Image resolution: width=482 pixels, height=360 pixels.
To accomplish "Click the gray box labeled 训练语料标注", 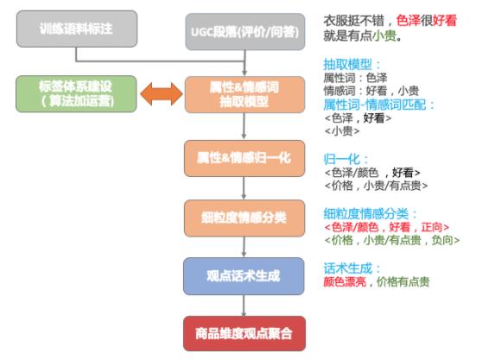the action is click(x=77, y=28).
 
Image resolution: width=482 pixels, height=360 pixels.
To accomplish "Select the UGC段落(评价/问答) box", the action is click(x=245, y=32).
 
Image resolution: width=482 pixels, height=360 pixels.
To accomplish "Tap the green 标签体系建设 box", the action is click(x=76, y=94).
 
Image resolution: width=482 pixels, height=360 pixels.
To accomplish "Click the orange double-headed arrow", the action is click(x=162, y=94).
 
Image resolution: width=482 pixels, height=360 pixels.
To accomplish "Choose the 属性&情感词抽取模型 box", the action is click(x=244, y=95).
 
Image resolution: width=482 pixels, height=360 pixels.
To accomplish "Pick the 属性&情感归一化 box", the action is click(x=244, y=158).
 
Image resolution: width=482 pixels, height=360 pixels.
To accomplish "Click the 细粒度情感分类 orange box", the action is click(x=244, y=218).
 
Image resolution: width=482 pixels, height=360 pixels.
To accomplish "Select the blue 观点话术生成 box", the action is click(x=244, y=276).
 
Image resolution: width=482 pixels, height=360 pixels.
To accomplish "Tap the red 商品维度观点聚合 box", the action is click(x=244, y=333).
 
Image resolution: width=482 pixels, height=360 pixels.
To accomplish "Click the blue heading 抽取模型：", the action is click(x=352, y=65).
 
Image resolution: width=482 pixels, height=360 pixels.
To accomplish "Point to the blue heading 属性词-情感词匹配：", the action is click(x=379, y=104).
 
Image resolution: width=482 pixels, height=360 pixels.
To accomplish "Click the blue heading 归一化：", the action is click(x=346, y=159).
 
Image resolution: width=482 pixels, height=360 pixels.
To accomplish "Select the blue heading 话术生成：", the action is click(x=352, y=268).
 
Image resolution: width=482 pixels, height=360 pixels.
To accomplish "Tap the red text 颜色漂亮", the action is click(x=345, y=281).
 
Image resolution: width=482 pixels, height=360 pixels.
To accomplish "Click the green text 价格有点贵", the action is click(x=403, y=281).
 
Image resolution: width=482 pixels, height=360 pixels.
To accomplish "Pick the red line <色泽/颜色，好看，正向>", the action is click(x=387, y=227).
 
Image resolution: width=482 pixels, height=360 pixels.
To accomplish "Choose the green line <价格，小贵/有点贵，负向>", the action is click(x=392, y=240).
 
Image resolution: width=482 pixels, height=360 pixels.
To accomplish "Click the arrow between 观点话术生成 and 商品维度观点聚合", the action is click(x=244, y=306).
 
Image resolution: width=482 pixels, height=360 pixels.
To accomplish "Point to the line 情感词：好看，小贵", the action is click(x=371, y=91).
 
